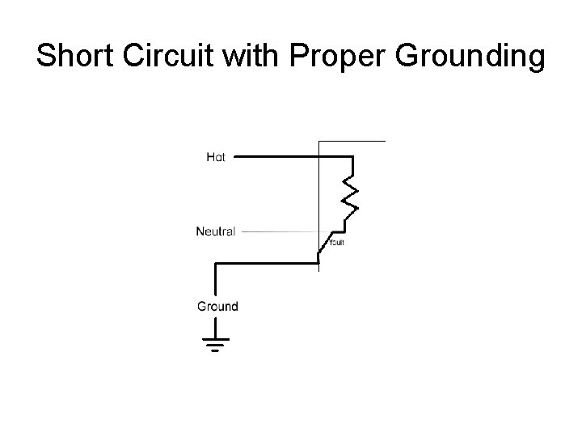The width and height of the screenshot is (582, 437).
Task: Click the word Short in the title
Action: pos(75,57)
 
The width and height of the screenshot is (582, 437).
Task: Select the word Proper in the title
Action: pos(331,58)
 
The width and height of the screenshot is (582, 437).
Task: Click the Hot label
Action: pos(216,157)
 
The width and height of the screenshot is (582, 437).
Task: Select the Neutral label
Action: pos(216,231)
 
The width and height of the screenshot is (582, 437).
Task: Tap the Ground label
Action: pos(217,306)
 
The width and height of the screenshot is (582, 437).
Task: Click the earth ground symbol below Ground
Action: pos(216,345)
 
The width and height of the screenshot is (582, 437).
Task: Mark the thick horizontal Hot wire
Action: pos(283,157)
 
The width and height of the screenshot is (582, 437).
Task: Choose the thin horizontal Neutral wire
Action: pos(279,231)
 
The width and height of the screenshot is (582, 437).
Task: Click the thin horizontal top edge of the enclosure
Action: pos(352,142)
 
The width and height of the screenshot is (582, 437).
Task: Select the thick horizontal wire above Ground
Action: pos(267,262)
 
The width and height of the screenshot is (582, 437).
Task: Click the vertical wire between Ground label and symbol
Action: pos(216,325)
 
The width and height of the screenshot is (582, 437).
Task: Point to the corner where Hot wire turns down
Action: pos(350,158)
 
